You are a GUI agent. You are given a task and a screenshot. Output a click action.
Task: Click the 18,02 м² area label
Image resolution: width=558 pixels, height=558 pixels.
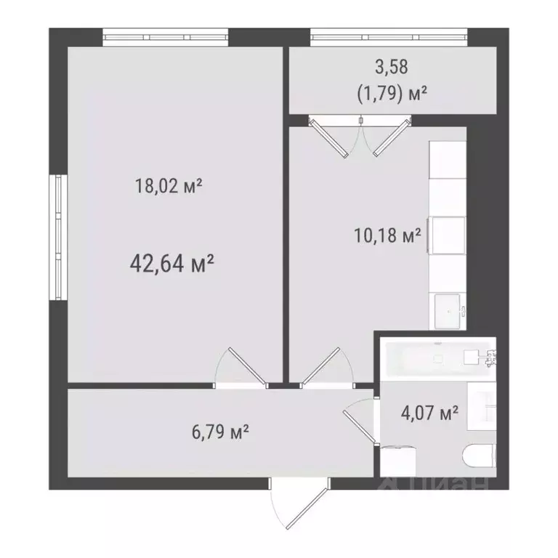pyautogui.click(x=168, y=186)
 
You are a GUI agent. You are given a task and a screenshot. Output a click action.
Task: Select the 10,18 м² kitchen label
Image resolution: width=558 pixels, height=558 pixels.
pyautogui.click(x=386, y=236)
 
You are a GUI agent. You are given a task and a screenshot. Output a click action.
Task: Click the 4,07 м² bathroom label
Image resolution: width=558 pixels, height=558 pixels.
pyautogui.click(x=429, y=414)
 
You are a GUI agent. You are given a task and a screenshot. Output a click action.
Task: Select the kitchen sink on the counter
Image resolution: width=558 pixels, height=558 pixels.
pyautogui.click(x=448, y=310)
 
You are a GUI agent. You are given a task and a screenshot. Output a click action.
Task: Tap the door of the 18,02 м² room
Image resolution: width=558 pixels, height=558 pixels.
pyautogui.click(x=240, y=367)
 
